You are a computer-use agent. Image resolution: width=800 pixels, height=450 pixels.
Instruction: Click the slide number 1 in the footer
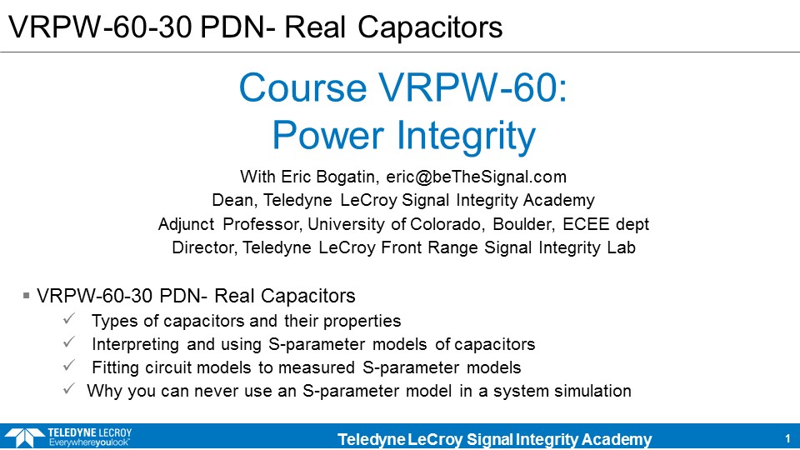click(x=787, y=439)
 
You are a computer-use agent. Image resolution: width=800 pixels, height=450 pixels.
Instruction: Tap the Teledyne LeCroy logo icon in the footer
click(x=24, y=437)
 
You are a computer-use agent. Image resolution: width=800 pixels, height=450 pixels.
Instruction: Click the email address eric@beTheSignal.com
click(x=476, y=177)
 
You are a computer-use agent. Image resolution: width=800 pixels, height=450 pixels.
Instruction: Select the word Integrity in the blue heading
click(x=466, y=136)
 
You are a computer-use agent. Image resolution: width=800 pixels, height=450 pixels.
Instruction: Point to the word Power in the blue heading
click(x=328, y=136)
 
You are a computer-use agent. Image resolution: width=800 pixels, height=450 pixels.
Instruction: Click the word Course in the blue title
click(x=302, y=88)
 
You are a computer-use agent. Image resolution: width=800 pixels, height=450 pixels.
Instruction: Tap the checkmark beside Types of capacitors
click(x=69, y=319)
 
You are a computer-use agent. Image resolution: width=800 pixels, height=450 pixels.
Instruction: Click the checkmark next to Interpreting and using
click(x=69, y=342)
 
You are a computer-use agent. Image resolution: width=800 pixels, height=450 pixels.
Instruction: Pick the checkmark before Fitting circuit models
click(x=69, y=366)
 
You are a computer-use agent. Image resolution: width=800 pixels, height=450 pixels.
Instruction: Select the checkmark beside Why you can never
click(x=69, y=389)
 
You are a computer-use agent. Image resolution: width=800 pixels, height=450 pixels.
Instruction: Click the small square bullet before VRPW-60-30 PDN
click(x=27, y=295)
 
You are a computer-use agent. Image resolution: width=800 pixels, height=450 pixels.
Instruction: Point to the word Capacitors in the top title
click(x=430, y=27)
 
